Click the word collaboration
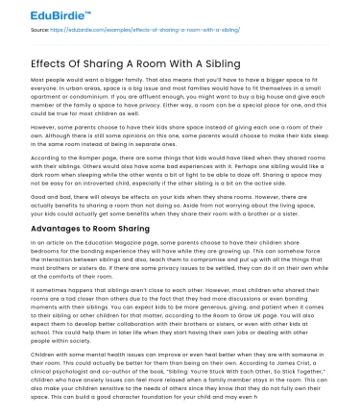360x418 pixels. point(149,318)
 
